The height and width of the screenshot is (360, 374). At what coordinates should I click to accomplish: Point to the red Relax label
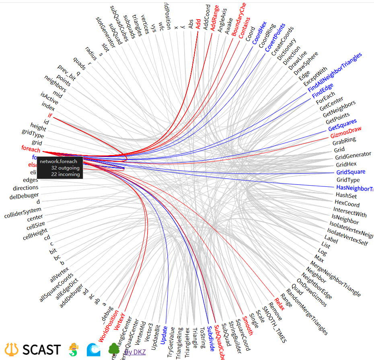click(x=279, y=304)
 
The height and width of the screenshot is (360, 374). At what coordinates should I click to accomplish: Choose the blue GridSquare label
click(x=351, y=172)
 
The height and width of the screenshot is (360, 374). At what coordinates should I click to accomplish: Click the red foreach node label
click(x=31, y=149)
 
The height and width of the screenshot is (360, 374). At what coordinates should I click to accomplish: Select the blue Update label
click(x=164, y=335)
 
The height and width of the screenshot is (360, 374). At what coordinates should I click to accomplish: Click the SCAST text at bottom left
click(x=41, y=350)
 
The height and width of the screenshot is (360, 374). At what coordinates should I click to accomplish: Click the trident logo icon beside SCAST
click(x=12, y=349)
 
